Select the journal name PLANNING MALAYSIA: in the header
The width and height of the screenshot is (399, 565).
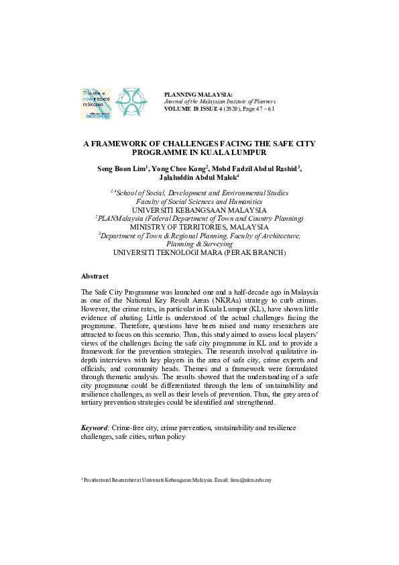pos(198,95)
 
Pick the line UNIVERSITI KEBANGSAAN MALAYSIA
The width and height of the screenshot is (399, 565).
pos(200,209)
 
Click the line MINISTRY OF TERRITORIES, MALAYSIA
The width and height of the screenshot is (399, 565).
pos(200,227)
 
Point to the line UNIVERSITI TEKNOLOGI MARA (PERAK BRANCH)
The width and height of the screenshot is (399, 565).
pos(200,253)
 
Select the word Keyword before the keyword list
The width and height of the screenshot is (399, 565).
pos(94,427)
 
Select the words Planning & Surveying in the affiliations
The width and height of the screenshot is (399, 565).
pos(200,244)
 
